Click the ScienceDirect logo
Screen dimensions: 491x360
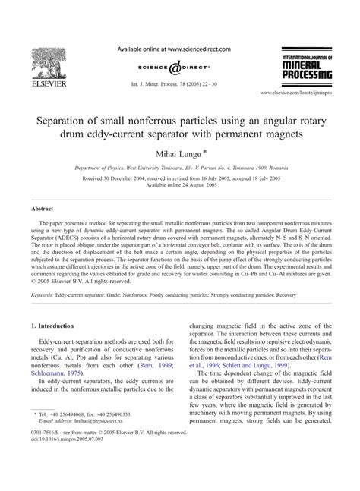click(179, 65)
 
